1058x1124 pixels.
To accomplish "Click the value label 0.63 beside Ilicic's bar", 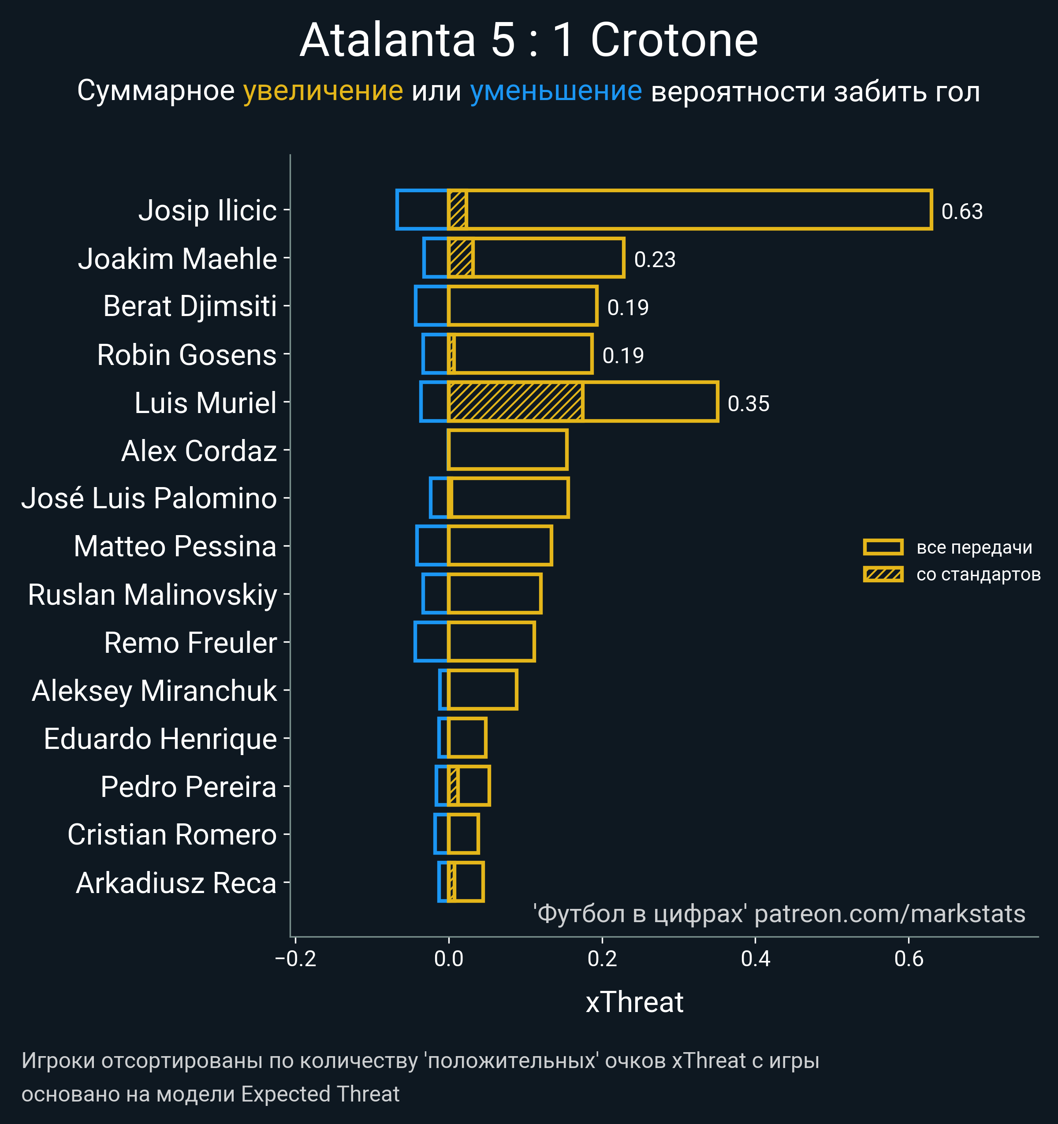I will [962, 212].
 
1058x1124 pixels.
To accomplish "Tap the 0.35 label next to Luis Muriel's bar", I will [748, 404].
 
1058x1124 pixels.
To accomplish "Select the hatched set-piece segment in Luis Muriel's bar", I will [515, 402].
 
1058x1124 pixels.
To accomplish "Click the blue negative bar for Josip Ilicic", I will [422, 210].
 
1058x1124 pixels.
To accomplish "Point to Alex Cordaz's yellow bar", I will [507, 450].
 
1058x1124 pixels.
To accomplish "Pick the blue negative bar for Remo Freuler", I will [431, 641].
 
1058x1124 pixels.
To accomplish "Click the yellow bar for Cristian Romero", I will [463, 834].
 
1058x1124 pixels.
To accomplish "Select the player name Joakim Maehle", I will [177, 259].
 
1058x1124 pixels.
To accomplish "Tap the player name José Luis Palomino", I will [149, 498].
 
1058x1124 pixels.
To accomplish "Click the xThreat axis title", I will [634, 1002].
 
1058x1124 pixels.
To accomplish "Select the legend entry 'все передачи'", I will [974, 547].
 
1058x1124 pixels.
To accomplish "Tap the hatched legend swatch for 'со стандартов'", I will [883, 574].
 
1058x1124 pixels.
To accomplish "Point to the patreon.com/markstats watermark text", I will [890, 914].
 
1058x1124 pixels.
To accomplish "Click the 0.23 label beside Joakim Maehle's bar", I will [654, 260].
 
